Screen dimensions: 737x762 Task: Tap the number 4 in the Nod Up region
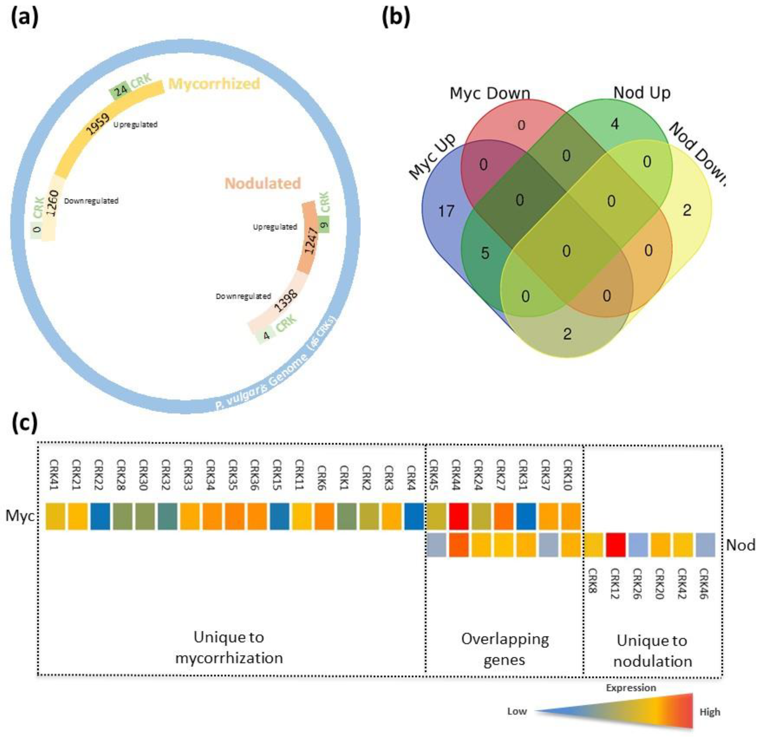[x=615, y=124]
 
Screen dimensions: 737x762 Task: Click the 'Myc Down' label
[x=490, y=93]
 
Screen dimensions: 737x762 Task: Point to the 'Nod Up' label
[x=642, y=92]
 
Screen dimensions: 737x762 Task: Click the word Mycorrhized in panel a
[x=214, y=84]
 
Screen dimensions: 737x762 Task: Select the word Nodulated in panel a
[x=263, y=183]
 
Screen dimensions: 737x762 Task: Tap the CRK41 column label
[x=54, y=475]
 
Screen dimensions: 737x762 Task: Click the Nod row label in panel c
[x=740, y=545]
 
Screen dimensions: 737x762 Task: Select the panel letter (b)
[x=396, y=18]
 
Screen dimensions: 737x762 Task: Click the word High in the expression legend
[x=710, y=712]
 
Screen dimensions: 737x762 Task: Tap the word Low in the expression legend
[x=517, y=711]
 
